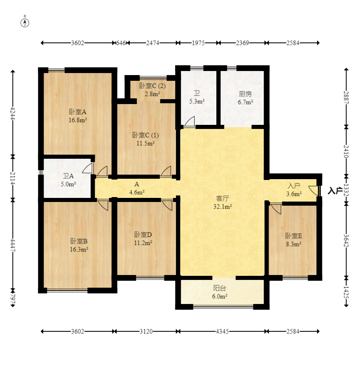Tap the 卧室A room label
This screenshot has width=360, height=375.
[78, 112]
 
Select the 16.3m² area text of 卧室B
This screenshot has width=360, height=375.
[79, 249]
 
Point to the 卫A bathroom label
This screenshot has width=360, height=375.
[68, 176]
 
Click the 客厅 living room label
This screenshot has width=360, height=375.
[222, 198]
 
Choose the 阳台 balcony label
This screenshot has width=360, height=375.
[220, 288]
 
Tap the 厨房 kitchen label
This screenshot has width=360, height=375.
[245, 94]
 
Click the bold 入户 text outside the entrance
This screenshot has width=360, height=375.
[335, 191]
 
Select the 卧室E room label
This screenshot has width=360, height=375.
[293, 236]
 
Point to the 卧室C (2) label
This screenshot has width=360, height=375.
[152, 86]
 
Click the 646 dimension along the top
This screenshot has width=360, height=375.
[121, 43]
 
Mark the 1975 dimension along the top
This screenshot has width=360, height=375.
[198, 43]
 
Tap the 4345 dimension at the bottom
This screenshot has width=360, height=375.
[222, 331]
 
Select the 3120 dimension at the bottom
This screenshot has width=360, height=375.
[146, 331]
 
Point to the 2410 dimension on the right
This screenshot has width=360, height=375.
[346, 151]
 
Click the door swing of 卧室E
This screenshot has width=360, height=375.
[276, 208]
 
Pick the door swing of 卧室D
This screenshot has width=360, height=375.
[167, 205]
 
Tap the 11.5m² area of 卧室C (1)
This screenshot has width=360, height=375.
[145, 143]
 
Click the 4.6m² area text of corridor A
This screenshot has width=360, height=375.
[137, 192]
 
